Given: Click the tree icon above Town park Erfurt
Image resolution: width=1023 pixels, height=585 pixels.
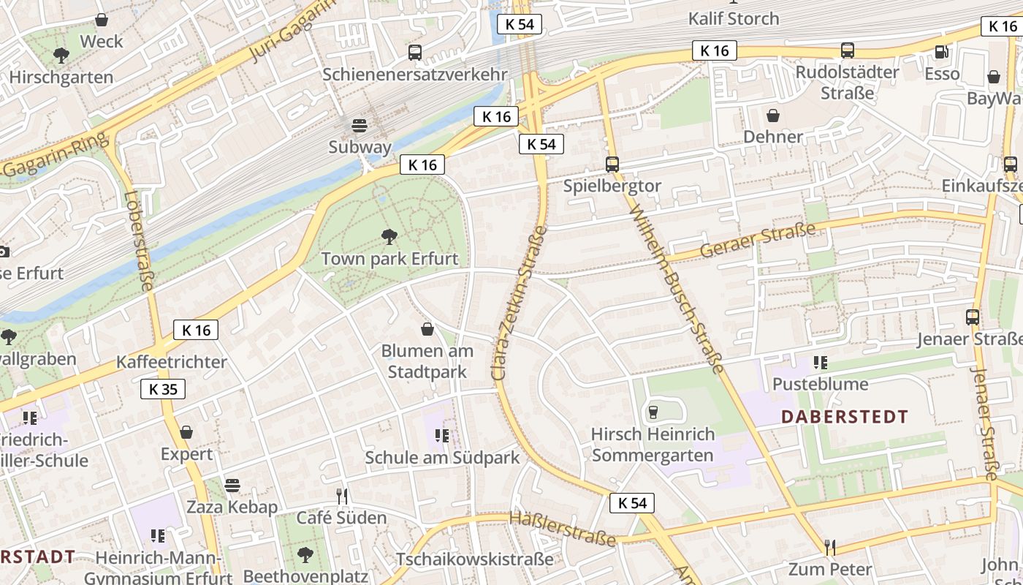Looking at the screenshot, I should pyautogui.click(x=389, y=236).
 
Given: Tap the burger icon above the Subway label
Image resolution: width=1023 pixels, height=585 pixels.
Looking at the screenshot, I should pyautogui.click(x=360, y=124).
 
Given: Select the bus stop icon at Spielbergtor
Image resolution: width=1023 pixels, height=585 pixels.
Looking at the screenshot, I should pyautogui.click(x=612, y=164).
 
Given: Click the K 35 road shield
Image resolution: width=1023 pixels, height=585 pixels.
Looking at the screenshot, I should pyautogui.click(x=163, y=389).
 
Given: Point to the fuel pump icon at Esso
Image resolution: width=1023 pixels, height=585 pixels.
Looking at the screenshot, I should pyautogui.click(x=941, y=51).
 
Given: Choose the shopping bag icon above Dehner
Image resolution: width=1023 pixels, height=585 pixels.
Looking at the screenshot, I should pyautogui.click(x=773, y=115).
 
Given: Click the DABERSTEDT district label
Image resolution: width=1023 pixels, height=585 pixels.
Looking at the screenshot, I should pyautogui.click(x=845, y=417).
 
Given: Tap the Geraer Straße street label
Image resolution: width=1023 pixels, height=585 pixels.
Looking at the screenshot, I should pyautogui.click(x=757, y=241).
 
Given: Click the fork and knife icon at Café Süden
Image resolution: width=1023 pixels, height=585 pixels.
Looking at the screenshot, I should pyautogui.click(x=341, y=497).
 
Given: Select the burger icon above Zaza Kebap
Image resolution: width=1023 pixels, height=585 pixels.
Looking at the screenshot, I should pyautogui.click(x=232, y=485).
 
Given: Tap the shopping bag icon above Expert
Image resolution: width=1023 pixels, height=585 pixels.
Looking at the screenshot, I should pyautogui.click(x=186, y=432).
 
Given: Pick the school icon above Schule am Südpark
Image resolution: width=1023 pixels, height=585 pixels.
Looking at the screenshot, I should pyautogui.click(x=442, y=436).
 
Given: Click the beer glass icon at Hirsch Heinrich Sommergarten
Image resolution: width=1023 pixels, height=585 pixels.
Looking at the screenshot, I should pyautogui.click(x=653, y=412).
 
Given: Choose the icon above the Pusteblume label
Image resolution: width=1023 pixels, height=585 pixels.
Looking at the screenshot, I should pyautogui.click(x=821, y=362).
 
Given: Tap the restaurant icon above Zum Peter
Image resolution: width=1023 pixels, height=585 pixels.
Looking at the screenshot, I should pyautogui.click(x=830, y=547).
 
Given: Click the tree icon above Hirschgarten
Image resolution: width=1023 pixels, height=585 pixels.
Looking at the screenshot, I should pyautogui.click(x=61, y=55).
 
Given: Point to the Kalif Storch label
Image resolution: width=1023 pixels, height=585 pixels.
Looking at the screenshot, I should pyautogui.click(x=734, y=18).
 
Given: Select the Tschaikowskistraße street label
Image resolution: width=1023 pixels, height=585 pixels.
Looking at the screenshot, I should pyautogui.click(x=475, y=559).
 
